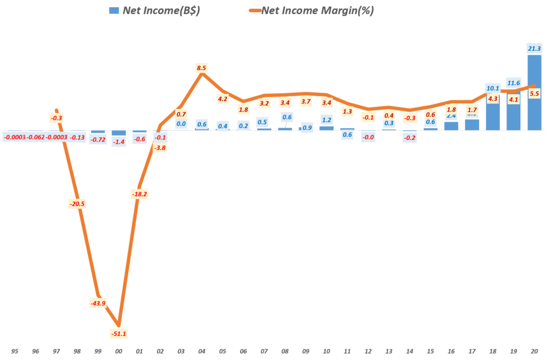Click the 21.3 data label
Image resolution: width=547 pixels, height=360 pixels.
click(x=534, y=49)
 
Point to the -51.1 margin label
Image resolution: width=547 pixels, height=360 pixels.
click(x=119, y=334)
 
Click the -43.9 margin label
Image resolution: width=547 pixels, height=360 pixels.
click(x=98, y=303)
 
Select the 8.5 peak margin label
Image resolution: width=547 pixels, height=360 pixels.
click(x=201, y=68)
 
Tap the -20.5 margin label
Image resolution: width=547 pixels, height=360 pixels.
click(x=77, y=204)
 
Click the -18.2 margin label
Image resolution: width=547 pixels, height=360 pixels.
click(x=139, y=194)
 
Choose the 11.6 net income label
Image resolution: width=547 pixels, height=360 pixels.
click(x=513, y=83)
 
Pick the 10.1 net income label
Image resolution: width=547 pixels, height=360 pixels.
click(x=493, y=88)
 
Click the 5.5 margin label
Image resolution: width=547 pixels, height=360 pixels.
click(x=534, y=93)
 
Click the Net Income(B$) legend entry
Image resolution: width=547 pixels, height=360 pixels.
click(x=154, y=10)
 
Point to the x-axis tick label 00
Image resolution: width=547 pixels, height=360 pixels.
click(x=119, y=351)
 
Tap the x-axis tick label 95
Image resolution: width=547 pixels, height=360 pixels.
click(x=14, y=351)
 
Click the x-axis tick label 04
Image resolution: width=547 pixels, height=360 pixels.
click(x=201, y=351)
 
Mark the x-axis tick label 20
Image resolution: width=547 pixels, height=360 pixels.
click(x=534, y=351)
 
